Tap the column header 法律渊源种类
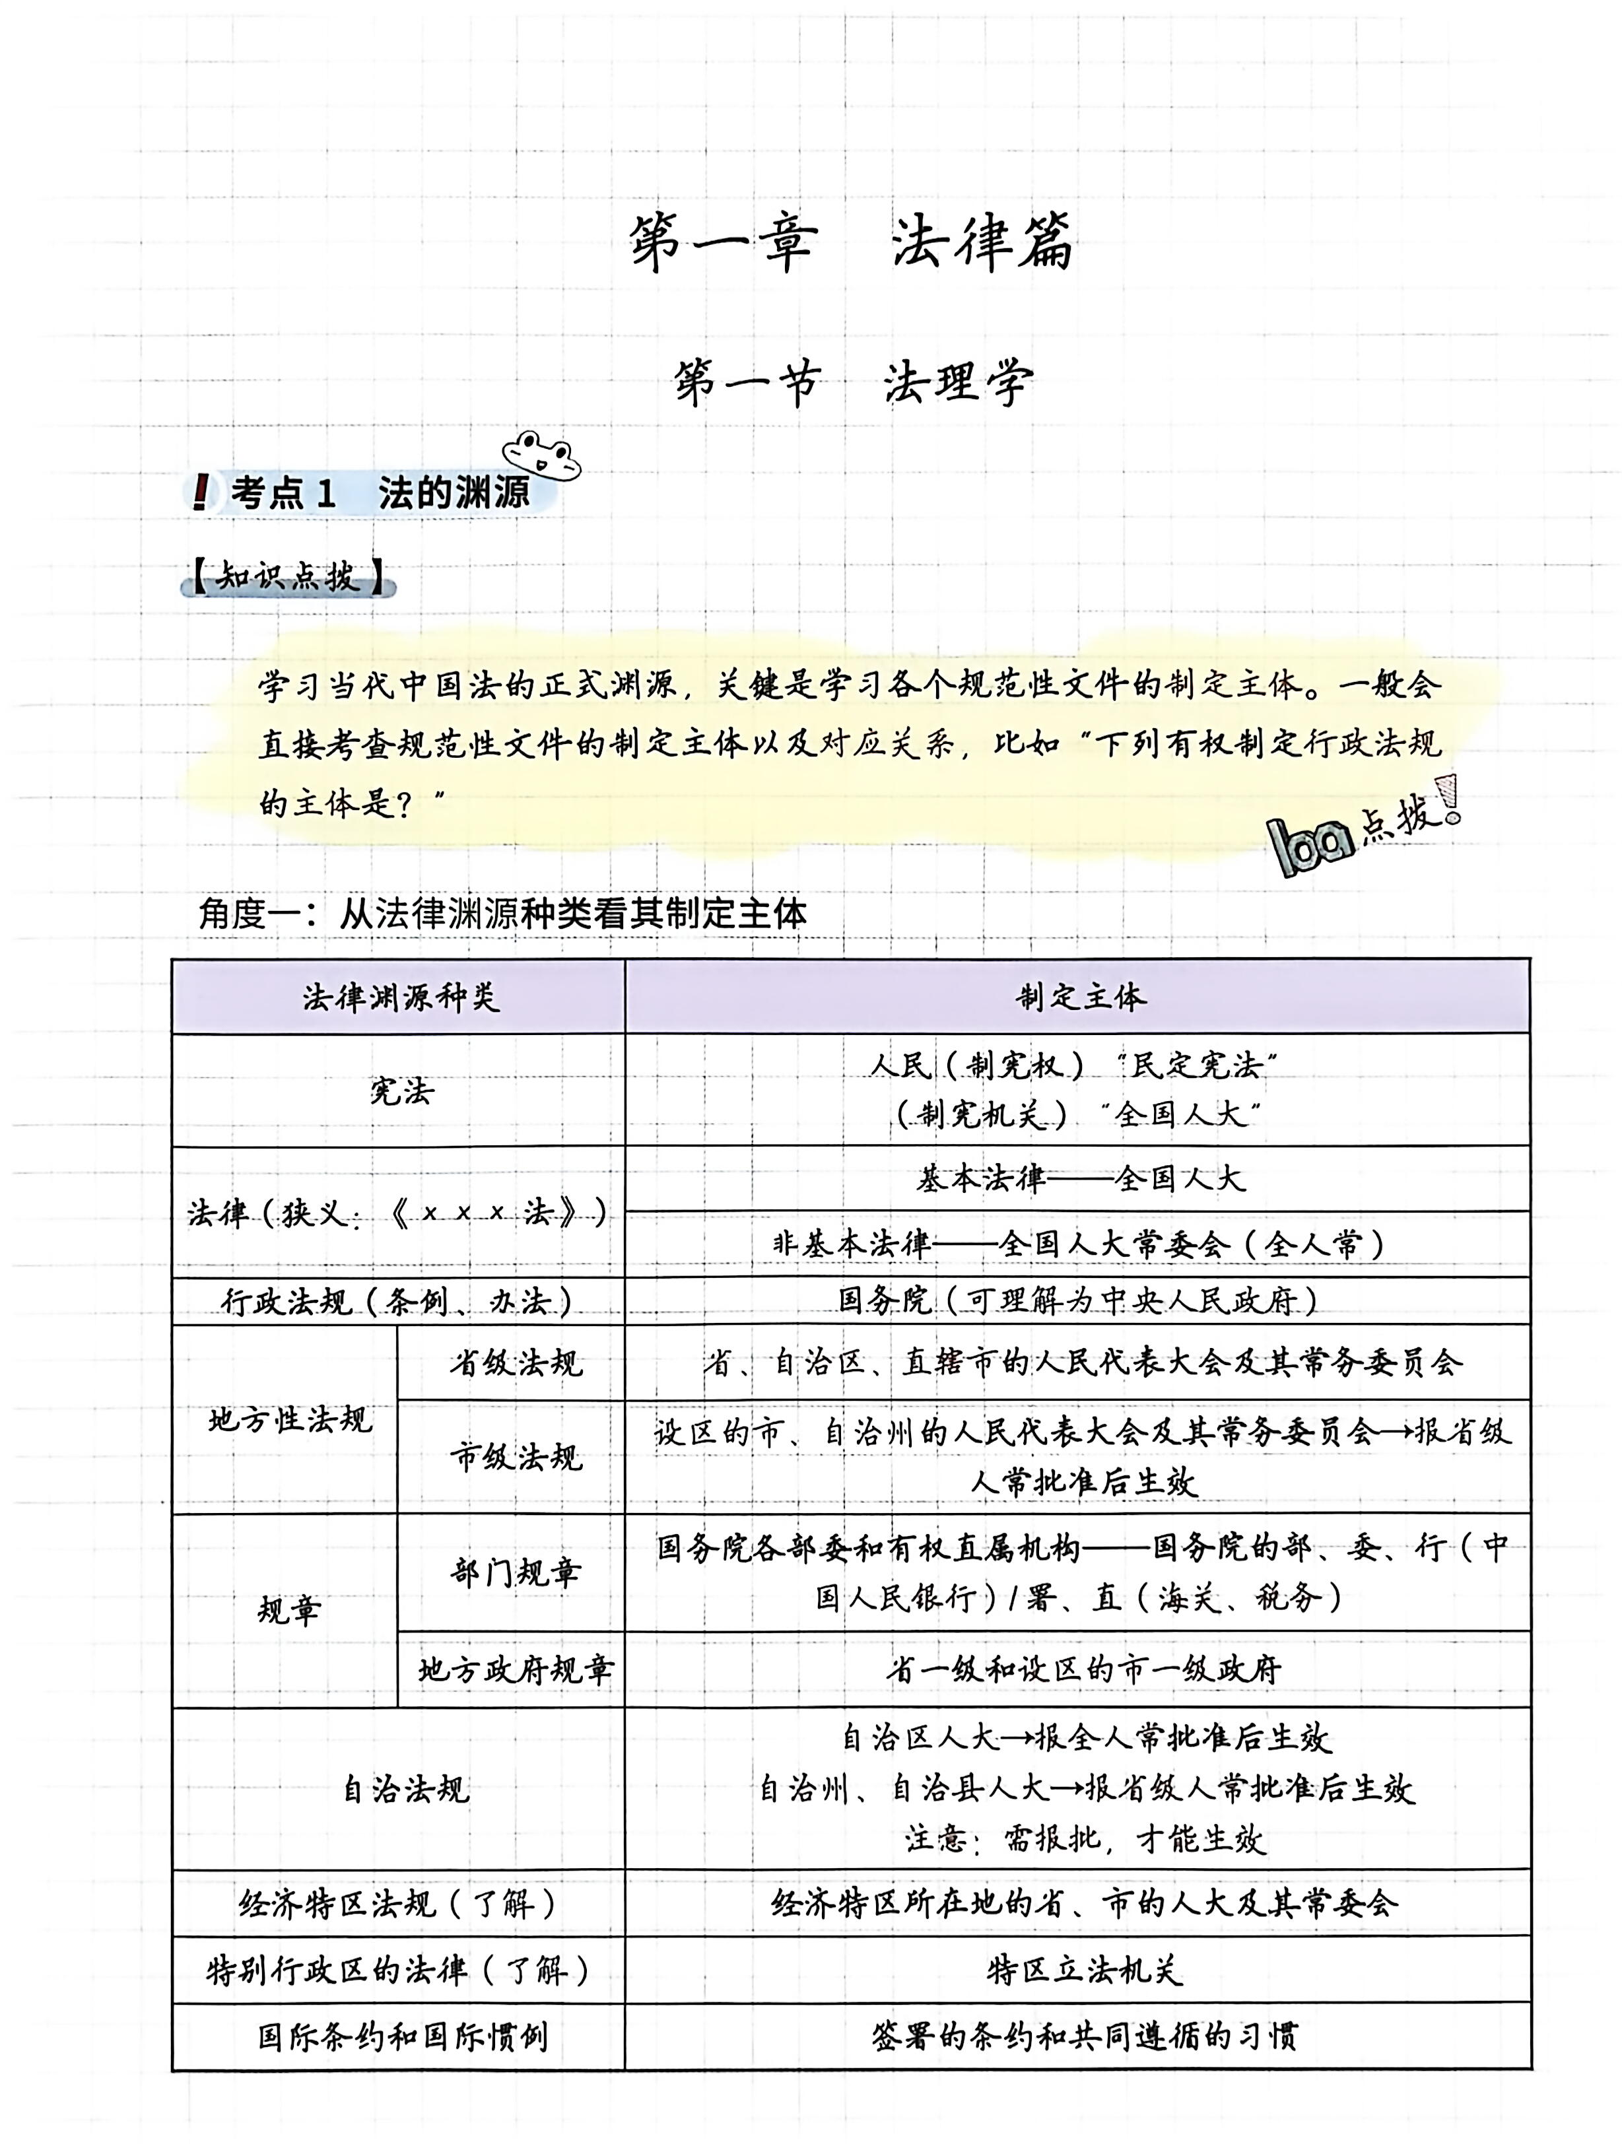[x=399, y=996]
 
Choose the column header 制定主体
[x=1078, y=996]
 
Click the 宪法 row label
[x=401, y=1091]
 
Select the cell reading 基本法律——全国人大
[x=1078, y=1179]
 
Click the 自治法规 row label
[x=404, y=1788]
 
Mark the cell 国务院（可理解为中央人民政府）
[x=1078, y=1300]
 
